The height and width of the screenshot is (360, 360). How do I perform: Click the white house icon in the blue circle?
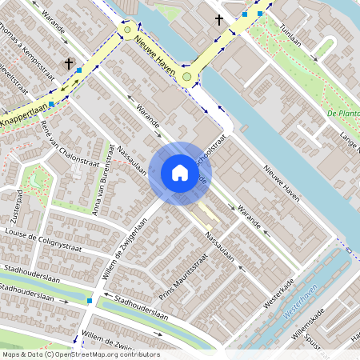[x=179, y=173]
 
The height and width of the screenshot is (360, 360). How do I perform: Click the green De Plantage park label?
[x=344, y=114]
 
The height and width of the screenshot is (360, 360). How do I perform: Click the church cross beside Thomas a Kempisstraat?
[x=69, y=62]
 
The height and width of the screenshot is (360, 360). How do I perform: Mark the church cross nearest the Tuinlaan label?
[x=219, y=19]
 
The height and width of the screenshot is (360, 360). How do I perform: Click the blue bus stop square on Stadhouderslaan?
[x=90, y=301]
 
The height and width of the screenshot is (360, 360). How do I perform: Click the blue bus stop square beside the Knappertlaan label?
[x=52, y=104]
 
